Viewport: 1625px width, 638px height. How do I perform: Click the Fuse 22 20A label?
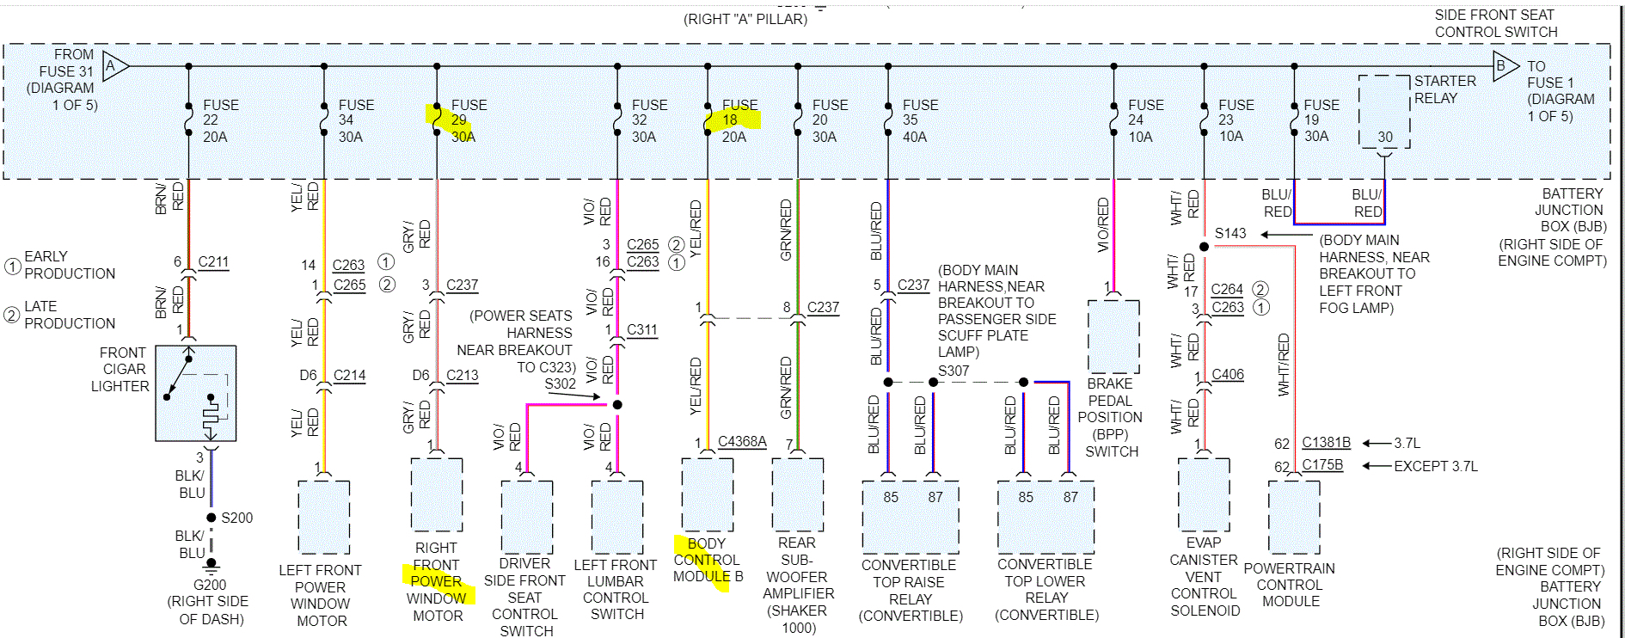220,120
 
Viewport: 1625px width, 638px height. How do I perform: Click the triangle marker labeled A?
114,66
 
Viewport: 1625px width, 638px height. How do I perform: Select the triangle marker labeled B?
1504,65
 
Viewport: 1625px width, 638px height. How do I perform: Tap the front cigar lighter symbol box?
196,394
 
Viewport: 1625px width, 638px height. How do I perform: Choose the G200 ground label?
210,585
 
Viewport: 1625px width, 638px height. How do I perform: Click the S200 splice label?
236,518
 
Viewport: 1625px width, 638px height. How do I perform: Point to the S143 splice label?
1229,233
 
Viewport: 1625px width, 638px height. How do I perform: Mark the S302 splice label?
560,384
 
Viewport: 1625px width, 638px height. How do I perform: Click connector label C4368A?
742,441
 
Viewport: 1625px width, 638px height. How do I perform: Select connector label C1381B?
1326,442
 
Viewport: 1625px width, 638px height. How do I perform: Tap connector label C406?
1228,374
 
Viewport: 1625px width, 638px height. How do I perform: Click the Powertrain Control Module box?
1294,517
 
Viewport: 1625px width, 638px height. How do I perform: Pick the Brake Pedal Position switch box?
1113,336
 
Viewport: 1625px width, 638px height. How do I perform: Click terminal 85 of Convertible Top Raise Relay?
891,497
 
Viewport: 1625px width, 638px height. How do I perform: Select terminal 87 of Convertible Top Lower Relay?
1070,497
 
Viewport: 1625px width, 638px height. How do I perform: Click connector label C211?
213,261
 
